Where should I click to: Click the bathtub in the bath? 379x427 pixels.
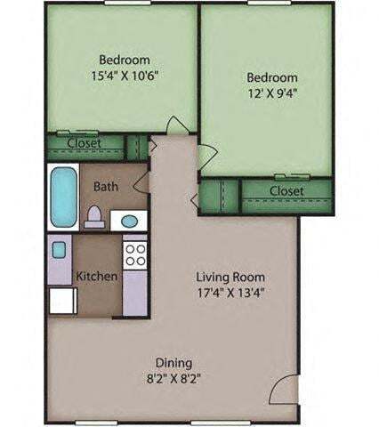[x=62, y=196]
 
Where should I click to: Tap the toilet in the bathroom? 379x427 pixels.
[x=95, y=216]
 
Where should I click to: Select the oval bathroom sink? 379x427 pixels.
[x=130, y=220]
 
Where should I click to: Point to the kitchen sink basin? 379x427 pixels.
[x=59, y=249]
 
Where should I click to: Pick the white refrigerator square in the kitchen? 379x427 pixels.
[x=60, y=301]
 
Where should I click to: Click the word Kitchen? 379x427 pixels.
[x=96, y=276]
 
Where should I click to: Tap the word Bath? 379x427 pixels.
[x=106, y=187]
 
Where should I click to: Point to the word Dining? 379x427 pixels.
[x=174, y=362]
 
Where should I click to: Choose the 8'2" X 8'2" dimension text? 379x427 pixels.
[x=174, y=378]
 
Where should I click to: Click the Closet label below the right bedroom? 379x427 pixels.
[x=286, y=191]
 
